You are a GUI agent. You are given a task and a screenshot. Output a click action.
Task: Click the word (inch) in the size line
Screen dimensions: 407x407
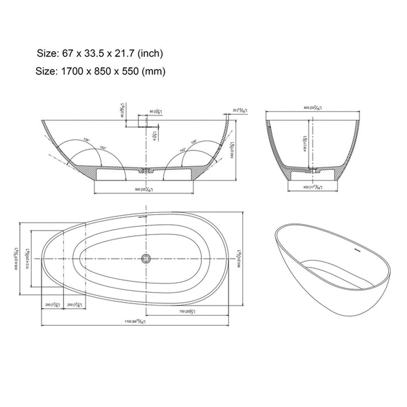(x=150, y=53)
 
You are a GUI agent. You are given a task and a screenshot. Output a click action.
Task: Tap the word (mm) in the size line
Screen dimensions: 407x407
(x=154, y=71)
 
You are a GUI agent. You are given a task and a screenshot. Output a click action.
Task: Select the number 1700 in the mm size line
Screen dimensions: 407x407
(x=72, y=71)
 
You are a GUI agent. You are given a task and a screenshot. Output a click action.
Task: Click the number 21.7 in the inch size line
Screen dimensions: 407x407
(x=121, y=53)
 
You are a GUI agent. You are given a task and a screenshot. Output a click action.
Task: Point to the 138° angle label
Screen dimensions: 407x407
(x=86, y=140)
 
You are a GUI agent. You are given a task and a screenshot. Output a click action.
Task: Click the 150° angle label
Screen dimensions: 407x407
(x=103, y=148)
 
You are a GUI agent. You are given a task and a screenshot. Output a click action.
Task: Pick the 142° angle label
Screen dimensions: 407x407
(x=182, y=150)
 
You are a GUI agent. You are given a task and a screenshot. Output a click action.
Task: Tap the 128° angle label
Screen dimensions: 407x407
(x=194, y=143)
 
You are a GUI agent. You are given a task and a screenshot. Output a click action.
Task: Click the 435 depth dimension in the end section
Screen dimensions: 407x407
(x=305, y=144)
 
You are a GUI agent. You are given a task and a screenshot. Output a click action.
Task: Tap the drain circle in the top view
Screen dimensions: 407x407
(x=146, y=258)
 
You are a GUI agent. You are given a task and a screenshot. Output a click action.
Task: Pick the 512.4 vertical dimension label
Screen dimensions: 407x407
(x=27, y=258)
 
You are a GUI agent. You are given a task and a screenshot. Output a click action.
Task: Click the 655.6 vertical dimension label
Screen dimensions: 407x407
(x=16, y=258)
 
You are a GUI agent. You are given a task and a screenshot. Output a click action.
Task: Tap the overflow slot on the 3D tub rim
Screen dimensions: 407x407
(x=357, y=250)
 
